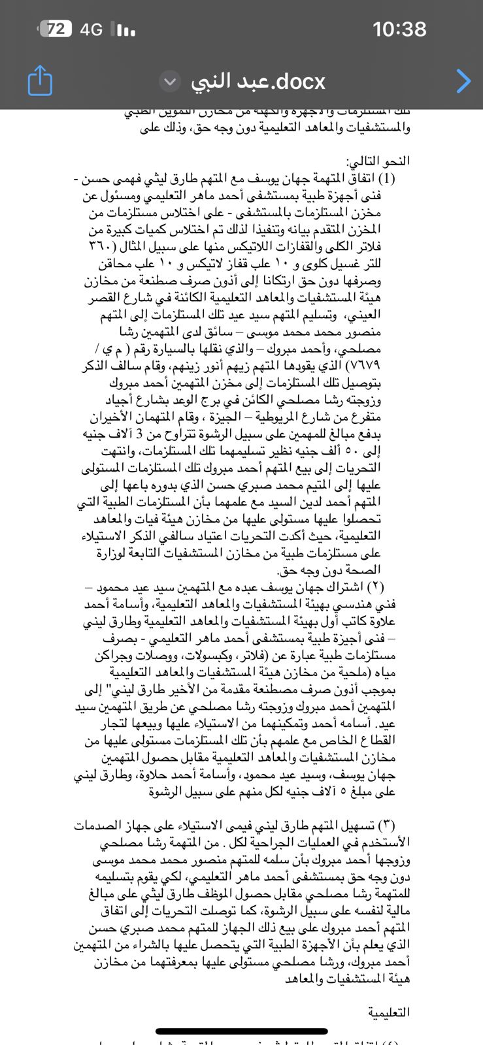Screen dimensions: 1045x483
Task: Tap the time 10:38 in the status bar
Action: tap(399, 29)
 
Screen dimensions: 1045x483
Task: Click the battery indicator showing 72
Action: tap(55, 29)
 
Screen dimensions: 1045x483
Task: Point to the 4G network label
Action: tap(91, 29)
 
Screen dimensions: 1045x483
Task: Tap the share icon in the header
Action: tap(40, 80)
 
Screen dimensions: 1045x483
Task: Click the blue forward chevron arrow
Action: tap(463, 81)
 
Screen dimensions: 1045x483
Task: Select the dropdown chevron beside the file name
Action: tap(170, 82)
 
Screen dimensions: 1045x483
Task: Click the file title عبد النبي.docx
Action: tap(258, 81)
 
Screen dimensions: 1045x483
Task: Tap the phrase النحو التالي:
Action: tap(382, 161)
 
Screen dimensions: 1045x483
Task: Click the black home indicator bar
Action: tap(241, 1031)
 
